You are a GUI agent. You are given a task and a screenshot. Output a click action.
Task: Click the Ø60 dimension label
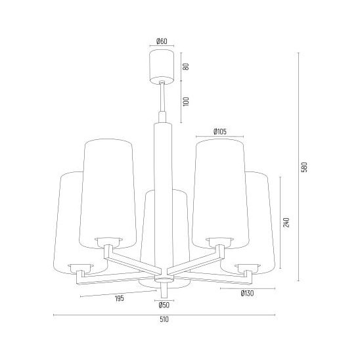(x=162, y=41)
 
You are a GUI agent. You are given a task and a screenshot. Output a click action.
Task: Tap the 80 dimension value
(x=186, y=66)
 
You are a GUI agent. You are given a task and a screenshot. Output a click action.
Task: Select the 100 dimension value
(x=186, y=101)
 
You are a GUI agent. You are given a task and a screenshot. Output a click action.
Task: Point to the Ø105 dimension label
(x=219, y=131)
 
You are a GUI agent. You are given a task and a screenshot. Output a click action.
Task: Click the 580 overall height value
(x=304, y=167)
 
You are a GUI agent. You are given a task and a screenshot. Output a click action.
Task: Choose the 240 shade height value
(x=286, y=222)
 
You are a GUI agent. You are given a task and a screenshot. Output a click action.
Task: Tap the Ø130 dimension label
(x=247, y=293)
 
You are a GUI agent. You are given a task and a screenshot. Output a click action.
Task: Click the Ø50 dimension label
(x=164, y=305)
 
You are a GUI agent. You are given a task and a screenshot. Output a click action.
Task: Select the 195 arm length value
(x=120, y=298)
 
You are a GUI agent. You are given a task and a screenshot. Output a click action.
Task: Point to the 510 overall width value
(x=164, y=319)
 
